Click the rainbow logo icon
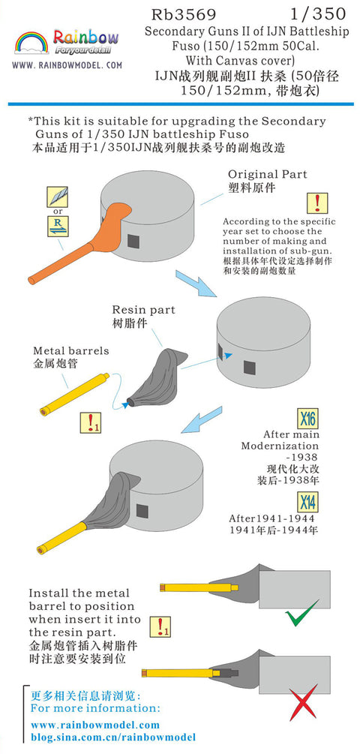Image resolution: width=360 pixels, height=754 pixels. point(31,43)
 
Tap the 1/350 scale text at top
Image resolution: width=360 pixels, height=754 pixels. point(319,14)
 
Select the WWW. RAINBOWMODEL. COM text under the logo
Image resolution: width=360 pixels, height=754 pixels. point(67,65)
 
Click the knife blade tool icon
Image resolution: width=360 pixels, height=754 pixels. point(57,197)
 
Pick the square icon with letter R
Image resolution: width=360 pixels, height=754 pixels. point(57,226)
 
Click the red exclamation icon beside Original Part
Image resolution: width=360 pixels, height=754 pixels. point(317,203)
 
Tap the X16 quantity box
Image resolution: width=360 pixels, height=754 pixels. point(307,419)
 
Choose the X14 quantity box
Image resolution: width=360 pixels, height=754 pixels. point(307,503)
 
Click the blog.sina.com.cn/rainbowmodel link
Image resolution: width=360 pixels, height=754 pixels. point(113,737)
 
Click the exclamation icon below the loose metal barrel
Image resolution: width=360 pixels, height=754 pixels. point(90,422)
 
